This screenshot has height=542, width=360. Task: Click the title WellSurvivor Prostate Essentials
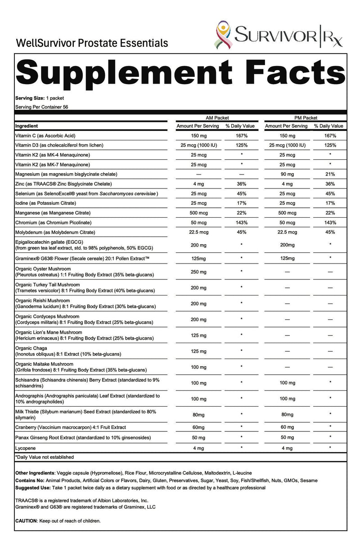(x=92, y=43)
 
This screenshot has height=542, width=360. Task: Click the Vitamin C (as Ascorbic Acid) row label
(x=50, y=135)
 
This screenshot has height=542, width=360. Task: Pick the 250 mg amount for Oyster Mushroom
(x=198, y=272)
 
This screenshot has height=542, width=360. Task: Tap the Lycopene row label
(x=26, y=448)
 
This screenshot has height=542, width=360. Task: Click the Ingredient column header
(x=27, y=126)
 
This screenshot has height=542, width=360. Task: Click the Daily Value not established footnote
(x=45, y=457)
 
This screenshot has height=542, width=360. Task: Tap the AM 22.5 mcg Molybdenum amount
(x=198, y=232)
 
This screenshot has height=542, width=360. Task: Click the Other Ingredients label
(x=35, y=473)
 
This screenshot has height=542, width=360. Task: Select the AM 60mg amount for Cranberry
(x=198, y=427)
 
